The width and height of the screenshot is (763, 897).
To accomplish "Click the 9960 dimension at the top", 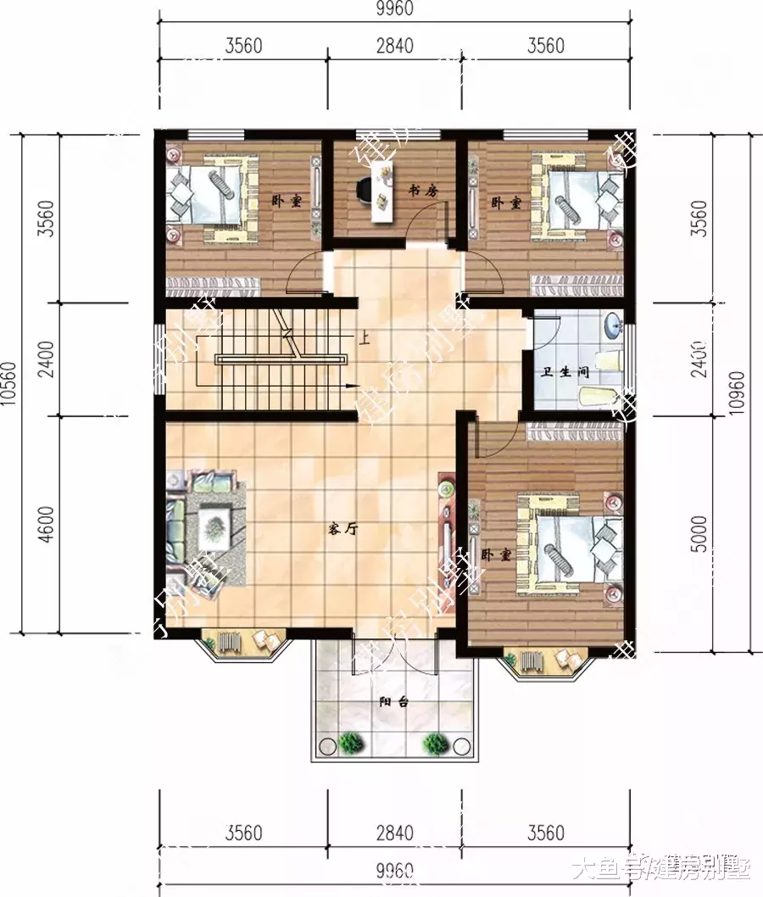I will point(394,10).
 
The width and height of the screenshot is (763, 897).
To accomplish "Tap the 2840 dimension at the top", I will point(394,46).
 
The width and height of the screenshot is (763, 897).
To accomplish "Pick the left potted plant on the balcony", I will point(349,744).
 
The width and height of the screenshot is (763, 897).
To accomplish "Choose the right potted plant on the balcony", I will point(437,744).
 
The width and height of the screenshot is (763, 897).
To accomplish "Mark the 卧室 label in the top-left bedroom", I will point(287,202).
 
